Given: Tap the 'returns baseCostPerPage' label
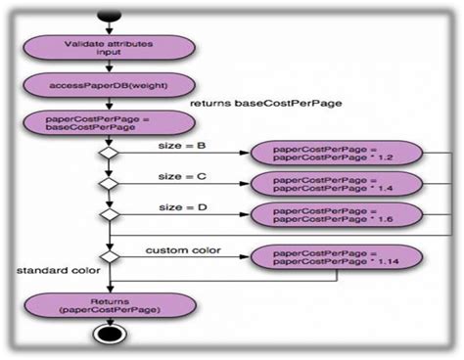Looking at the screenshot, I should coord(244,102).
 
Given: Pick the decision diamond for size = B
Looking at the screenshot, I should coord(108,154).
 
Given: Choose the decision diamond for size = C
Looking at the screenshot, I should coord(108,183).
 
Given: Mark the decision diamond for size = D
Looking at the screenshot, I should coord(108,212).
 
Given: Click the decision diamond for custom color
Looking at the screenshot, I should coord(108,256).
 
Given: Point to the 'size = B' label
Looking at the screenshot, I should coord(181,145).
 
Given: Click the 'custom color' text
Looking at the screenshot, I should coord(183,249).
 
